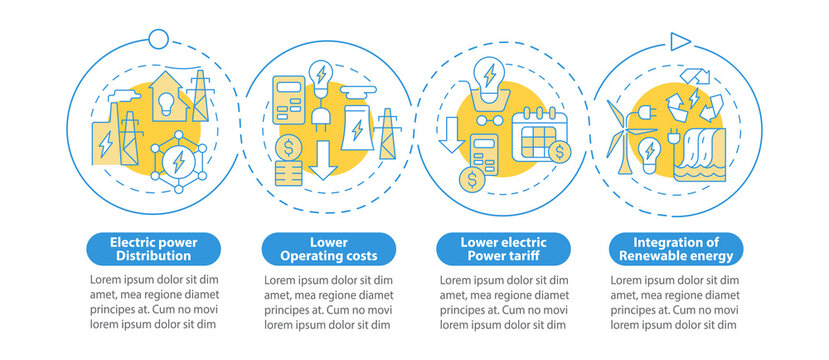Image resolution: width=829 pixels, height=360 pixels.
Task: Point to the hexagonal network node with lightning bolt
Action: pos(178,159)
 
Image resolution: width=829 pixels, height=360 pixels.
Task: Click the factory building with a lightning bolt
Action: pos(105,141)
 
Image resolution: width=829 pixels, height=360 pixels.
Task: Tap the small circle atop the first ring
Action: pos(158,38)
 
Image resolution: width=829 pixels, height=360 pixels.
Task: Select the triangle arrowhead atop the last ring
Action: pos(681,40)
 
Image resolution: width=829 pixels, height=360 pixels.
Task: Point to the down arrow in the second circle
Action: pos(322,161)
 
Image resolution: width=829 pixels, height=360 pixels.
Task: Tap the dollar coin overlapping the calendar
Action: pos(560,151)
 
